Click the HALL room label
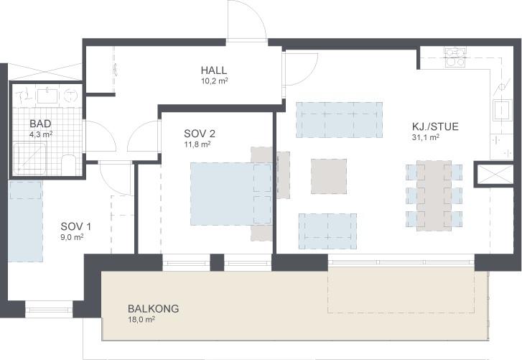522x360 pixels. click(x=214, y=70)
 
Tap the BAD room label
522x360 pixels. click(x=40, y=124)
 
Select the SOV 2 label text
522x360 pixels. click(x=200, y=134)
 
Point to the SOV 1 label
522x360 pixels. click(x=75, y=227)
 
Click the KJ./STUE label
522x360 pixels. click(x=435, y=126)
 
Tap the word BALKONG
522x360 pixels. click(x=153, y=309)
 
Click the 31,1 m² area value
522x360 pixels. click(x=426, y=137)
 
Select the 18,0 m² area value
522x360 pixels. click(x=141, y=319)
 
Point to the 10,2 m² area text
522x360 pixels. click(x=214, y=80)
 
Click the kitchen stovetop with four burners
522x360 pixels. click(x=455, y=57)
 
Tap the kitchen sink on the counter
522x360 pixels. click(x=502, y=109)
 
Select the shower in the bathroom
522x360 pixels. click(x=29, y=158)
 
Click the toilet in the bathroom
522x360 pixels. click(x=69, y=165)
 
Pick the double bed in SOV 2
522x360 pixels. click(x=231, y=193)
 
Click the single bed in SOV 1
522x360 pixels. click(x=25, y=221)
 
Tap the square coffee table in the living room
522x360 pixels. click(x=329, y=176)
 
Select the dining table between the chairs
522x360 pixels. click(x=434, y=196)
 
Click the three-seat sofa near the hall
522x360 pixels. click(x=339, y=120)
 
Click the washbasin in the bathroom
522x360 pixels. click(x=47, y=95)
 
